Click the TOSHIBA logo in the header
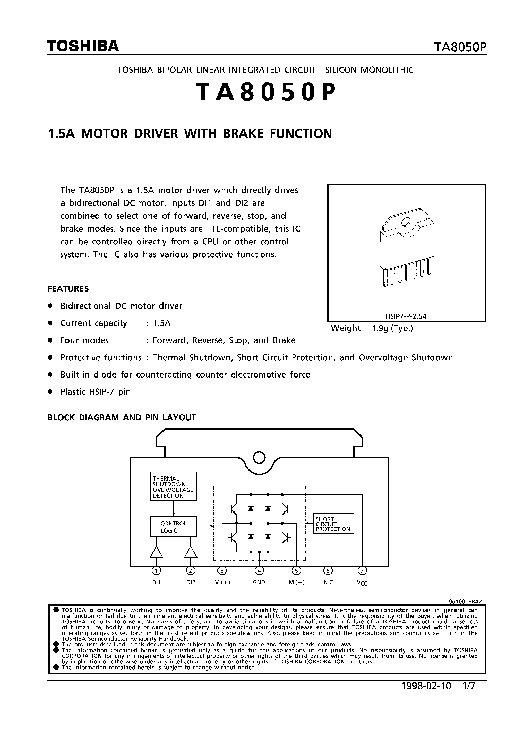[82, 46]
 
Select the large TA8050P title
[266, 92]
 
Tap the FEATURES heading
[68, 289]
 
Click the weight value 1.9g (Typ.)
[392, 328]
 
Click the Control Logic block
[173, 527]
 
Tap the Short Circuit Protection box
[333, 524]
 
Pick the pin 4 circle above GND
[259, 571]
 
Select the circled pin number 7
[362, 571]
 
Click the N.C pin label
[328, 583]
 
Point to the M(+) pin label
[222, 583]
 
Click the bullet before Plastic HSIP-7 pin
[50, 392]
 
